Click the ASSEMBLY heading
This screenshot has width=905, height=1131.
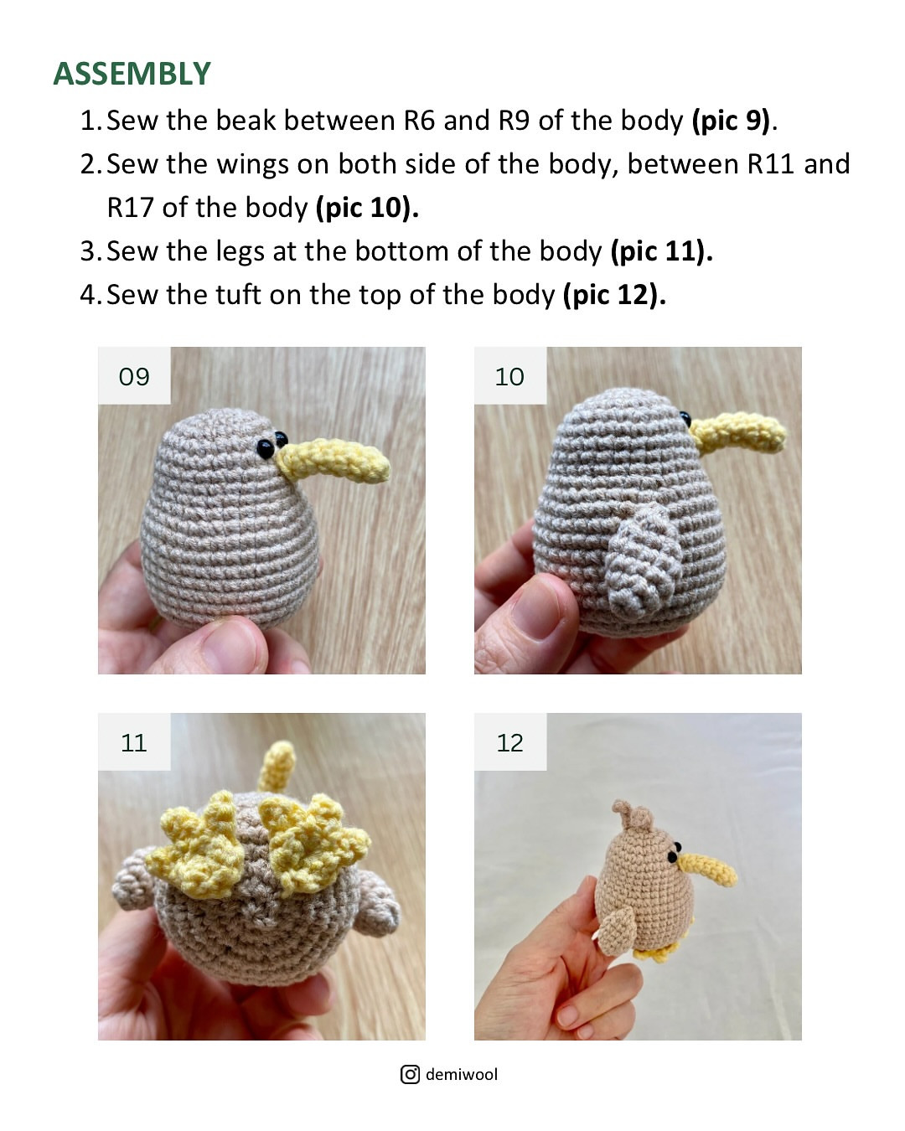(132, 74)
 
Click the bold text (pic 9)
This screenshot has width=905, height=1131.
(730, 121)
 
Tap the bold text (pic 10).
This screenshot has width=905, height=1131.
(366, 208)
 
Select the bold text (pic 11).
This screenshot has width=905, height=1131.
(661, 251)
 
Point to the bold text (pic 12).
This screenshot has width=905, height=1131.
(614, 295)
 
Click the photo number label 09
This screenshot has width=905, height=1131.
(134, 376)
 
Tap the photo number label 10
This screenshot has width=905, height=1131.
(509, 376)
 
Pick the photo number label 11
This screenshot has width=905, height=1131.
(134, 742)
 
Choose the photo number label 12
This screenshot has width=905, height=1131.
(509, 742)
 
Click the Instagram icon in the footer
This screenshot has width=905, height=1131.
(410, 1074)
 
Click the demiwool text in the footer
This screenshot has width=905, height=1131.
(462, 1074)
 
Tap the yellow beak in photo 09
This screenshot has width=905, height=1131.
(335, 462)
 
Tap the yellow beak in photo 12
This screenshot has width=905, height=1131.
(708, 869)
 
